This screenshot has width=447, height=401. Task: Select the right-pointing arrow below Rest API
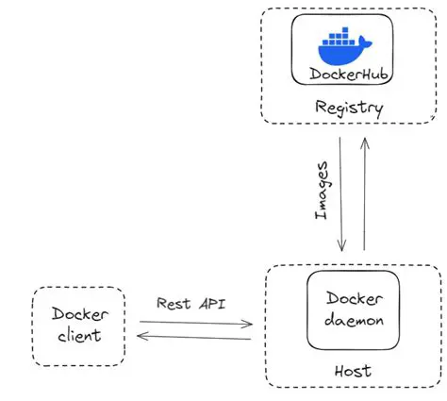(x=194, y=323)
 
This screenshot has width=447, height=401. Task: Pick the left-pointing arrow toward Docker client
(x=194, y=335)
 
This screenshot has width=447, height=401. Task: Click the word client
(x=78, y=335)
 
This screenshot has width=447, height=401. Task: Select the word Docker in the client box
(x=79, y=314)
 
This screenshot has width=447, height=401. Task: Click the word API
(x=212, y=304)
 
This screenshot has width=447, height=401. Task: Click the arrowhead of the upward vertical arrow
(x=363, y=140)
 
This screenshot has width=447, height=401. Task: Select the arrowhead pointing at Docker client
(x=141, y=335)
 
